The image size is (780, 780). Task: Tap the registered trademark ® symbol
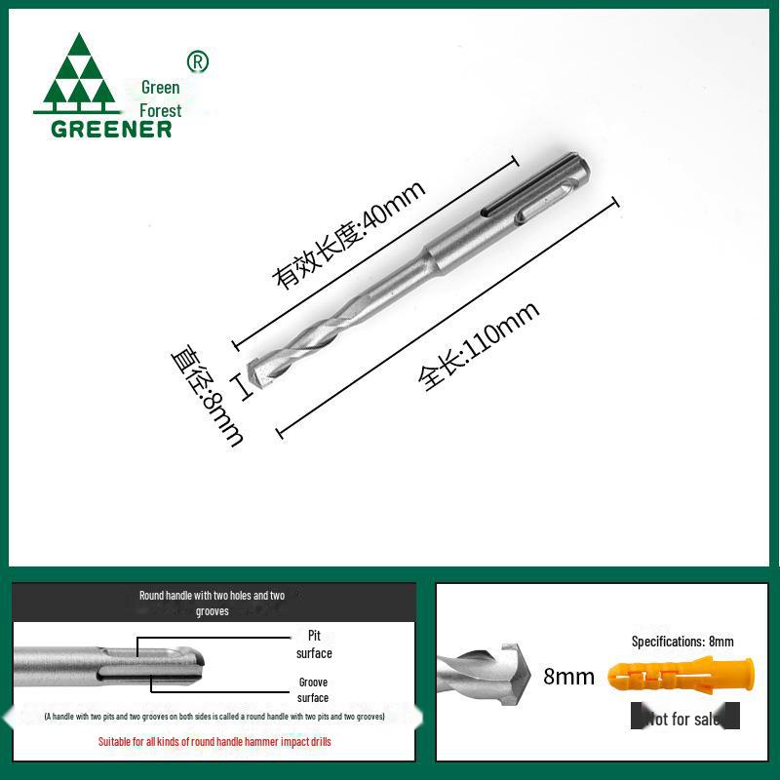[x=198, y=62]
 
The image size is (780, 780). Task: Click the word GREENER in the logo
[x=111, y=129]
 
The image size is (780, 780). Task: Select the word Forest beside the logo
[x=160, y=110]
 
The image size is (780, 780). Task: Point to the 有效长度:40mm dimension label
[x=350, y=235]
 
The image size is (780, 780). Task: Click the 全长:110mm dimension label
[x=479, y=347]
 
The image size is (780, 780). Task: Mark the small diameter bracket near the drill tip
[x=243, y=384]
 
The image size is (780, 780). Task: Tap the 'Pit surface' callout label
[x=314, y=644]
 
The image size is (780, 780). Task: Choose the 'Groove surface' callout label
[x=313, y=690]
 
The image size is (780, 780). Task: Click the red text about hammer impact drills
[x=214, y=742]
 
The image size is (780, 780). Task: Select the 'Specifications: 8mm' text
[x=682, y=642]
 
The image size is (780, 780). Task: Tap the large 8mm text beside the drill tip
[x=569, y=677]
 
